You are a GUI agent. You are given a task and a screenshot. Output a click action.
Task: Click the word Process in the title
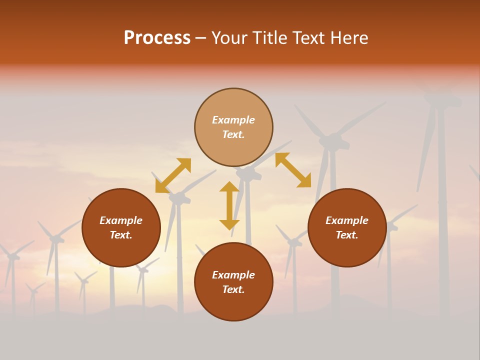pyautogui.click(x=157, y=38)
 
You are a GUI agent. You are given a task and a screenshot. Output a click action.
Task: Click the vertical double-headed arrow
pyautogui.click(x=229, y=205)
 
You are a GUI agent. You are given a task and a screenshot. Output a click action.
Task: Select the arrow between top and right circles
pyautogui.click(x=293, y=170)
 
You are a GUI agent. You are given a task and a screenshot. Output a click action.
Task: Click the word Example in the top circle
pyautogui.click(x=233, y=120)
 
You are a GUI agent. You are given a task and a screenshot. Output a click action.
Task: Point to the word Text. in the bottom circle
pyautogui.click(x=233, y=289)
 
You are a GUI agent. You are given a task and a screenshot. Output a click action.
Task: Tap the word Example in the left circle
pyautogui.click(x=121, y=220)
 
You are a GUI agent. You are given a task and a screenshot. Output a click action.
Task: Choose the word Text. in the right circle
pyautogui.click(x=347, y=235)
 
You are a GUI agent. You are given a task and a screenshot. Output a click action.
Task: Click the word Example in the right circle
pyautogui.click(x=347, y=220)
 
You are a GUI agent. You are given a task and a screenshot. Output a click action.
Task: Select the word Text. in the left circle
pyautogui.click(x=121, y=235)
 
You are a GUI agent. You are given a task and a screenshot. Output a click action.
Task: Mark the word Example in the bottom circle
pyautogui.click(x=233, y=275)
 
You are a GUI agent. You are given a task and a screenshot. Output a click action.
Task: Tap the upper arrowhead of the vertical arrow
pyautogui.click(x=229, y=187)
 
